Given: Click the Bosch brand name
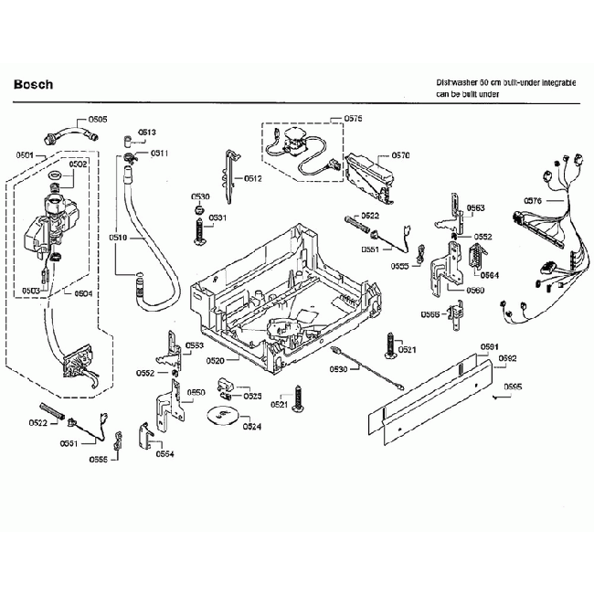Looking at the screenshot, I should (34, 85).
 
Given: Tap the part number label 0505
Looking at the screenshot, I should (97, 120).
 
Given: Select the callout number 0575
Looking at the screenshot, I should (353, 120).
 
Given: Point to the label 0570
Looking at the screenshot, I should (400, 156).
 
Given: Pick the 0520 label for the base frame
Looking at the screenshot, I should (216, 361).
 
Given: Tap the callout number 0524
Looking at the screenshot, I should (251, 426).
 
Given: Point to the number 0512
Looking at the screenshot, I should (253, 178).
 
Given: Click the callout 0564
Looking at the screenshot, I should (490, 275).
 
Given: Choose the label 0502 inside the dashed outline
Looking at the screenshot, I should (78, 164).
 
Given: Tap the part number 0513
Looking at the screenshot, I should (147, 133).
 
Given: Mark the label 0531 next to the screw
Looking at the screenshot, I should (217, 217).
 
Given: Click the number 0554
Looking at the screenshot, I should (164, 453).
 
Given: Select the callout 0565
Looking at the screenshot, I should (430, 314).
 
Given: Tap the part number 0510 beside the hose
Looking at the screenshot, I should (118, 238).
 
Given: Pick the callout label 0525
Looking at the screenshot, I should (252, 396).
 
